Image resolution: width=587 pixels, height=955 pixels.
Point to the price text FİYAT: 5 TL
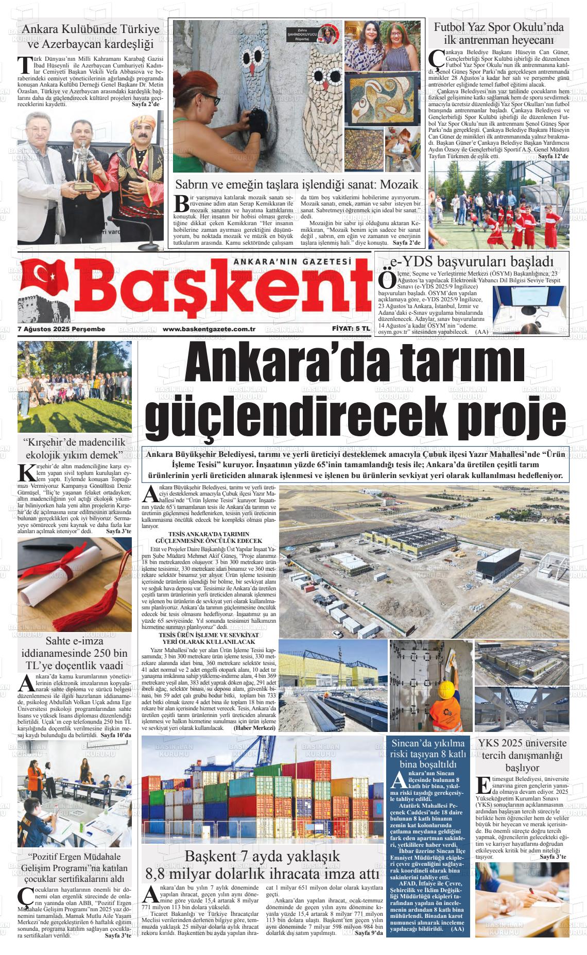point(351,329)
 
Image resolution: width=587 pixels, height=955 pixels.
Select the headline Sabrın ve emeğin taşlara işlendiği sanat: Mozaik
point(296,184)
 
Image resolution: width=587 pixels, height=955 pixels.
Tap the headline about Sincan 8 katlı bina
point(428,753)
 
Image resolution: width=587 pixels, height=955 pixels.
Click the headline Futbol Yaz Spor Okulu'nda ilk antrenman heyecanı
point(498,33)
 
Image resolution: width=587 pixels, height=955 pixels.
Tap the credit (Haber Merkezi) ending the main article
point(255,728)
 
